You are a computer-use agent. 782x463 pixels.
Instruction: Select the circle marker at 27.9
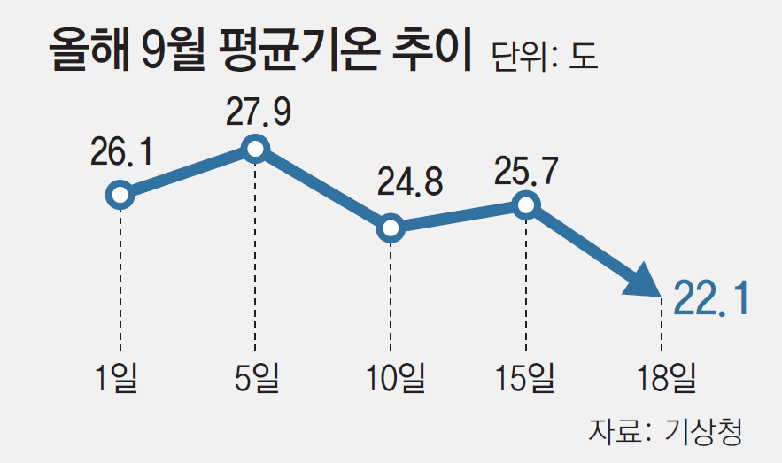point(255,149)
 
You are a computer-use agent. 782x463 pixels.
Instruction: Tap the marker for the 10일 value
point(391,228)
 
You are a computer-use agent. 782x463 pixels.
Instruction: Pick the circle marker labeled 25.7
point(526,205)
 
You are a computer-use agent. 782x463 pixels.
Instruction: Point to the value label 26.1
point(121,151)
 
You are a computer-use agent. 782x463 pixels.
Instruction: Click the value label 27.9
point(258,111)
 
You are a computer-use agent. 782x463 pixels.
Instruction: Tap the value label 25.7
point(527,171)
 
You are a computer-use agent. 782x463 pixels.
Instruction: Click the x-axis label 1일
point(119,377)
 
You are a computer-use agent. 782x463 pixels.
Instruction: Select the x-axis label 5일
point(255,377)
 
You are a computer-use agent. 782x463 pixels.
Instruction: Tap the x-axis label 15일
point(526,377)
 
